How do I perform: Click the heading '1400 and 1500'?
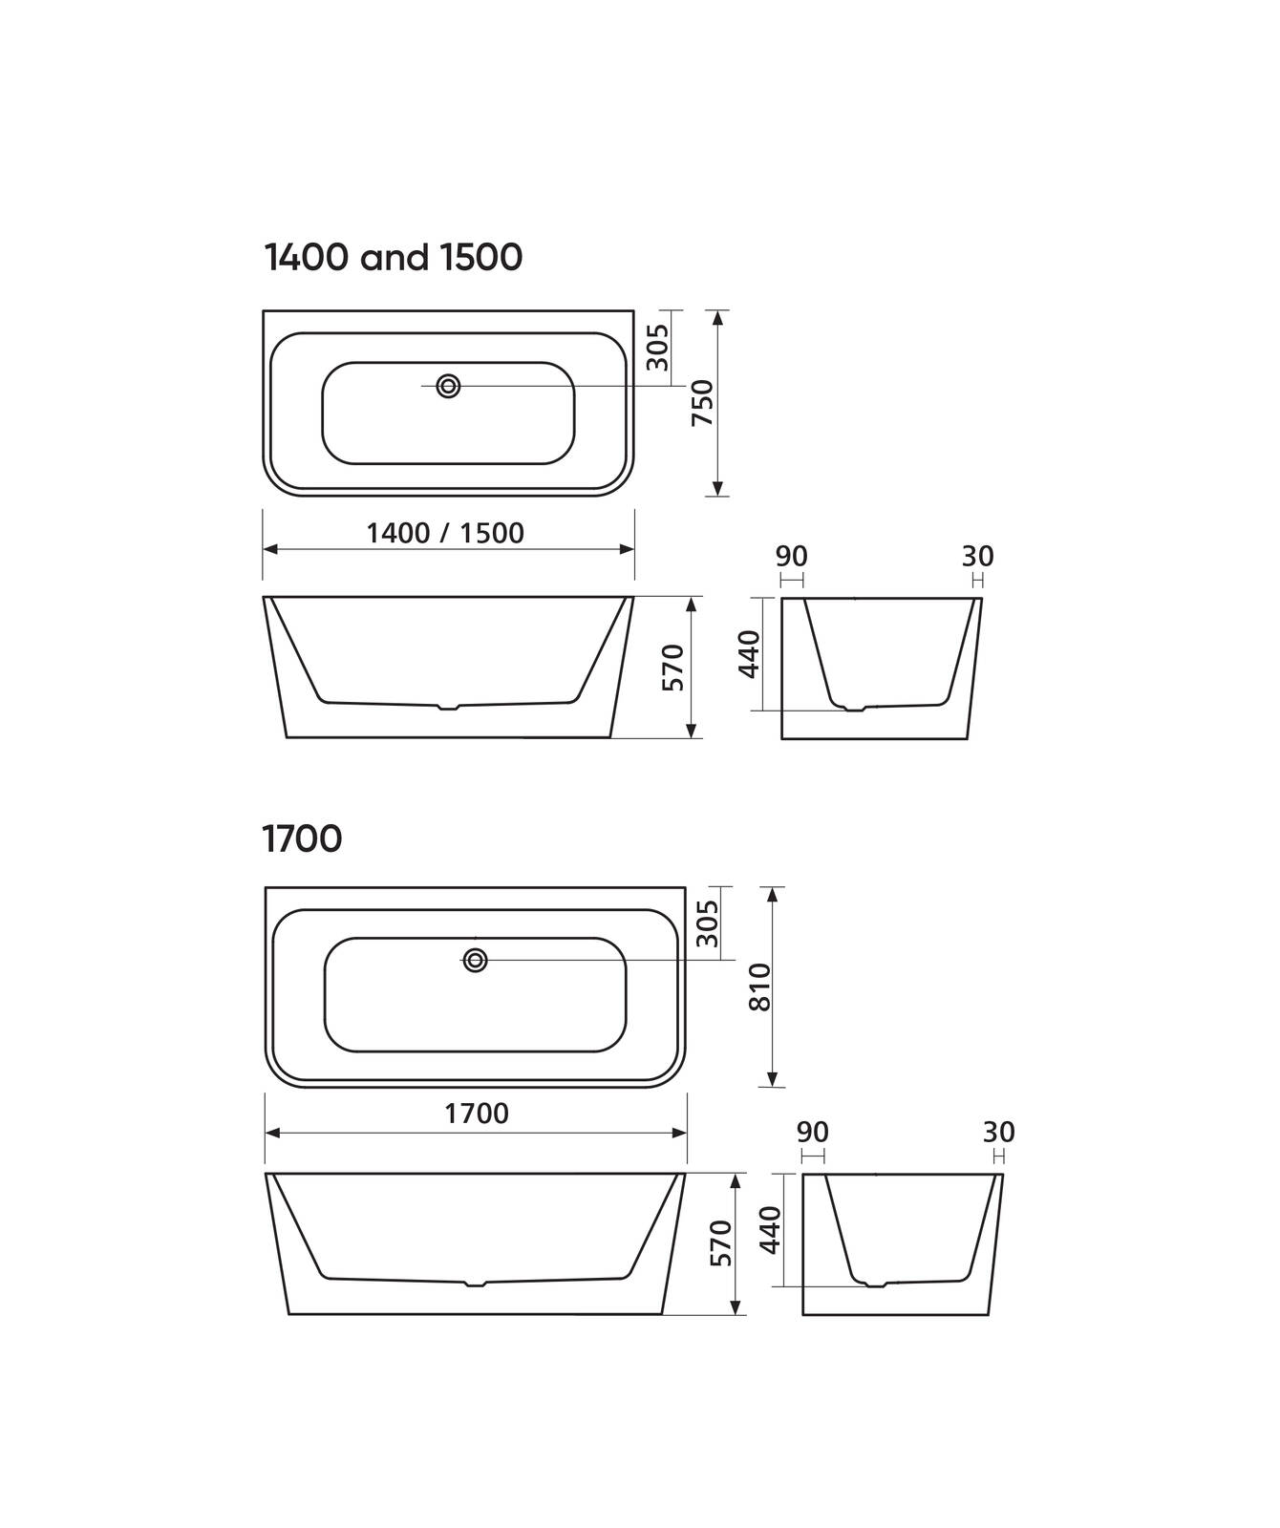pos(393,258)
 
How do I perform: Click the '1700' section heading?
pos(302,839)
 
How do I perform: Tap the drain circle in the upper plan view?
pos(448,386)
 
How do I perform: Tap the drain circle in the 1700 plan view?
pos(475,961)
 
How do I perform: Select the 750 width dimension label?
pos(703,403)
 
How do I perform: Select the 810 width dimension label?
pos(759,987)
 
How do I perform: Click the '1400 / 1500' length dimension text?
pos(445,533)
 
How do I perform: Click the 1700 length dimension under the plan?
pos(477,1114)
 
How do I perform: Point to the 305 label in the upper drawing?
pos(657,348)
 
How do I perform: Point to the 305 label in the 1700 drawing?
pos(707,923)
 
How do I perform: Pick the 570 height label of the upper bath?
pos(673,668)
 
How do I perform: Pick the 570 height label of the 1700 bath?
pos(721,1243)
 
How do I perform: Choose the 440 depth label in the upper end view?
pos(750,654)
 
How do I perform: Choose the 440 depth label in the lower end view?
pos(771,1230)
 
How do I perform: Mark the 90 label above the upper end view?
pos(791,556)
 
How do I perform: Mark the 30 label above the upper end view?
pos(977,556)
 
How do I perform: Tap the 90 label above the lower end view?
pos(812,1133)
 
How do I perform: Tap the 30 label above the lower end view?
pos(998,1133)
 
